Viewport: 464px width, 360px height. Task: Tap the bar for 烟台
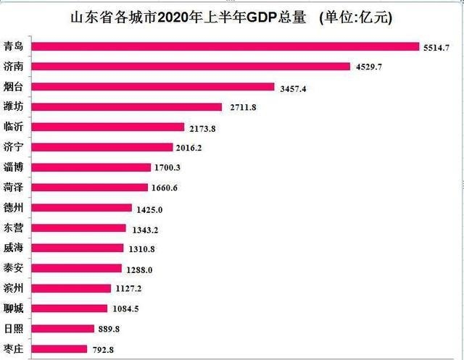[x=156, y=87]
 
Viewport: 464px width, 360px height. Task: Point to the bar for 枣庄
[x=61, y=349]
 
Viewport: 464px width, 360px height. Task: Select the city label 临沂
[x=13, y=127]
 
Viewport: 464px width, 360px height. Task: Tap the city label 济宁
[x=13, y=147]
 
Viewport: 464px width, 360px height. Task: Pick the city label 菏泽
[x=13, y=188]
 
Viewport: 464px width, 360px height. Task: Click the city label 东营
[x=13, y=228]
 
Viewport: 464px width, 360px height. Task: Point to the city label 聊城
[x=13, y=309]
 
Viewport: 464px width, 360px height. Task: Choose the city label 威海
[x=13, y=248]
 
